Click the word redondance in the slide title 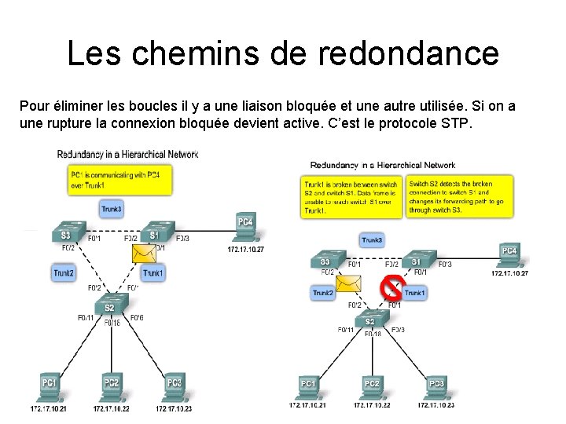409,53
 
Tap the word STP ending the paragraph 455,124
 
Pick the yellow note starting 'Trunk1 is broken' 352,196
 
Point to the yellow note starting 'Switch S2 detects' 458,196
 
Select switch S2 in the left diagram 110,305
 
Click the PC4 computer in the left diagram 245,225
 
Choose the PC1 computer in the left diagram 49,386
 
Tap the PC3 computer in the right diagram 436,386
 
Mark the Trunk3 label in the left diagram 112,209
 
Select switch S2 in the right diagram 370,320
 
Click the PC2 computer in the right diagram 372,386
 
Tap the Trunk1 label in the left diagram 153,273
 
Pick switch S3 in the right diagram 325,261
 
